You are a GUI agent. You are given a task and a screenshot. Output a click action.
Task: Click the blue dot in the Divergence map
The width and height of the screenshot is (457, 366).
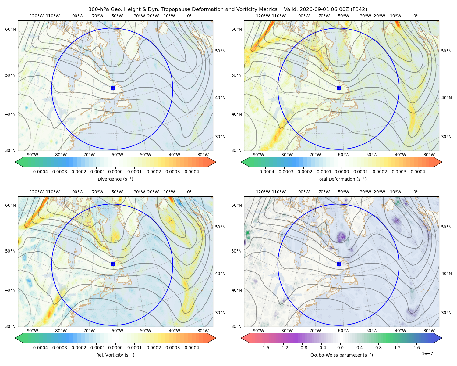113,88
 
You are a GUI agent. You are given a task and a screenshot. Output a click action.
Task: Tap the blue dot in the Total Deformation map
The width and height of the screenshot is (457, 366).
339,88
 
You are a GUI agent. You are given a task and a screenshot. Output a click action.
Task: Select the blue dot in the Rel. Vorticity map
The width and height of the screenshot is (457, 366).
113,264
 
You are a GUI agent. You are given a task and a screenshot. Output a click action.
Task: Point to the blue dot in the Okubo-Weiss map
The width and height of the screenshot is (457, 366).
339,264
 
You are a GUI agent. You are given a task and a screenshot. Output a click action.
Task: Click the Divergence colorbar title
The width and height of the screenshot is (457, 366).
115,179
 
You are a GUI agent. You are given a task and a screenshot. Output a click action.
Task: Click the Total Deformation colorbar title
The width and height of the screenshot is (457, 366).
342,179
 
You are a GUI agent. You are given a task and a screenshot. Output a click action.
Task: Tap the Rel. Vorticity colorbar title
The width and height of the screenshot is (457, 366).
115,355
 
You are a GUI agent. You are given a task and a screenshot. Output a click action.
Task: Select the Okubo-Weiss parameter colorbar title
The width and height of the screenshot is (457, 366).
342,355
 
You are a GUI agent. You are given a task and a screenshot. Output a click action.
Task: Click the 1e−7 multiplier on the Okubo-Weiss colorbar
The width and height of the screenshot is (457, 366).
427,353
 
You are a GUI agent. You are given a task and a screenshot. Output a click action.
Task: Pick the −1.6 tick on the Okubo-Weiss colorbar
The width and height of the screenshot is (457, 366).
264,348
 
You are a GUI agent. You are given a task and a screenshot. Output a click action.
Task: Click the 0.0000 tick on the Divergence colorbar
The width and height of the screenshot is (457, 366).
115,172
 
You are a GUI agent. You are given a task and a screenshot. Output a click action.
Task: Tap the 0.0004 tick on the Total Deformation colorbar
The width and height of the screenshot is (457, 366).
418,172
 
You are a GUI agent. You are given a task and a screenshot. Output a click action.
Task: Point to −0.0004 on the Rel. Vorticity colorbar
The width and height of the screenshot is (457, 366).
39,348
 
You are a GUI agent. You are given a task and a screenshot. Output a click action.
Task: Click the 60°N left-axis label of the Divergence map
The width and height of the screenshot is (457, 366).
10,29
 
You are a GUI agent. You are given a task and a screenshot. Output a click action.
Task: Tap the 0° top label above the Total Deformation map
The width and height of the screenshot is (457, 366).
415,16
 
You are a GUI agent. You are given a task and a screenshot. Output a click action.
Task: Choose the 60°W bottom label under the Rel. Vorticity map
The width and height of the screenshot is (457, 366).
117,331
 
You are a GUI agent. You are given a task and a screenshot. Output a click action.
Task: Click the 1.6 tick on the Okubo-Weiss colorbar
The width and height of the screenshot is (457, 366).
416,348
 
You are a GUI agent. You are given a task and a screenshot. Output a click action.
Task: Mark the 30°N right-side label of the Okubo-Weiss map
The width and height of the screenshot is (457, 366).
446,313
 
